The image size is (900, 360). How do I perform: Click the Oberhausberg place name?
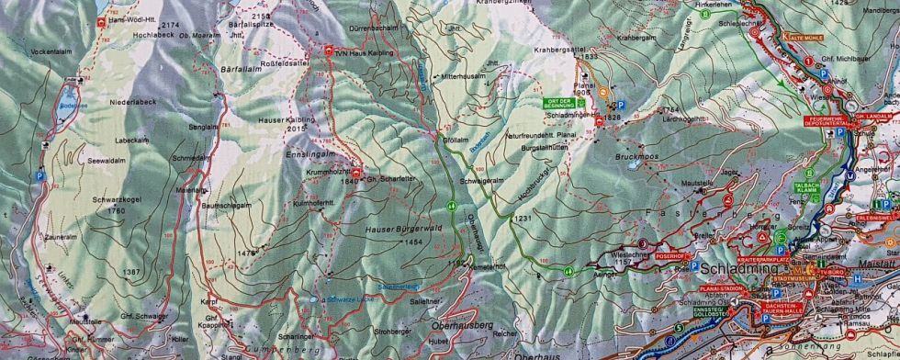(461, 325)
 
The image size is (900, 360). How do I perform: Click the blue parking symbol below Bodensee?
(39, 175)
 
